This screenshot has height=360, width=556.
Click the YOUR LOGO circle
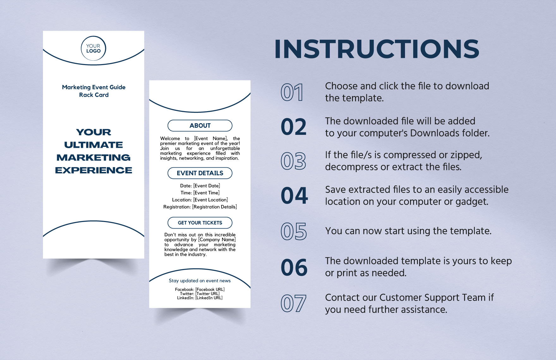[x=94, y=48]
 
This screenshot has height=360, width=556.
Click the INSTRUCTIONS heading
[x=377, y=49]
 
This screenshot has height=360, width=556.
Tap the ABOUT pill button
[x=200, y=125]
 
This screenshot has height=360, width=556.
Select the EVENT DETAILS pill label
[x=200, y=173]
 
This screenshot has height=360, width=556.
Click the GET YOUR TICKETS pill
[x=200, y=223]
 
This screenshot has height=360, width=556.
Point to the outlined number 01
[x=292, y=93]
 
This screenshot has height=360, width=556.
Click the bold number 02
[x=293, y=127]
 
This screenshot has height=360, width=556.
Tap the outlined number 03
[x=293, y=161]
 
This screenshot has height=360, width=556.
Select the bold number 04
[x=294, y=196]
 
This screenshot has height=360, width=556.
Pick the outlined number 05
[x=293, y=231]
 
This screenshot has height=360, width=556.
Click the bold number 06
[x=294, y=267]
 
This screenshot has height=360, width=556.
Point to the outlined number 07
[x=293, y=303]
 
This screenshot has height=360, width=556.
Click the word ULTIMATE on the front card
[x=94, y=145]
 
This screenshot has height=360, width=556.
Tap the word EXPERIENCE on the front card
[x=94, y=170]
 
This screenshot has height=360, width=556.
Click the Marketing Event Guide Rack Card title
[x=94, y=91]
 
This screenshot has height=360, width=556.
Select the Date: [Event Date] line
[x=200, y=186]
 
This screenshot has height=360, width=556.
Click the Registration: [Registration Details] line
[x=200, y=207]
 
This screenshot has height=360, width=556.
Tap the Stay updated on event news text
[x=200, y=280]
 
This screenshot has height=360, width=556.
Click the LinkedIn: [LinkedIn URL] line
[x=200, y=298]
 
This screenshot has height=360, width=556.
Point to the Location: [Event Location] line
[x=200, y=200]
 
